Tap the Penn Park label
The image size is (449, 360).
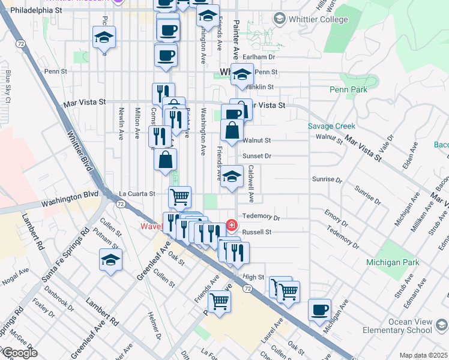point(348,89)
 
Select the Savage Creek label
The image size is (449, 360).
point(331,126)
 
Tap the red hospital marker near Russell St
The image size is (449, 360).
point(231,225)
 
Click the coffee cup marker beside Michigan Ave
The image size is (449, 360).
point(320,311)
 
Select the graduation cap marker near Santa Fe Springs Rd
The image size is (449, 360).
point(111,260)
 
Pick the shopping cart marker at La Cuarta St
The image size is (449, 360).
point(179,196)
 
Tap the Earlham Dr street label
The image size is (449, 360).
point(262,57)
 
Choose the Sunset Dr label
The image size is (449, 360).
point(259,156)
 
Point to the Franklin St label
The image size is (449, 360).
point(261,86)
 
